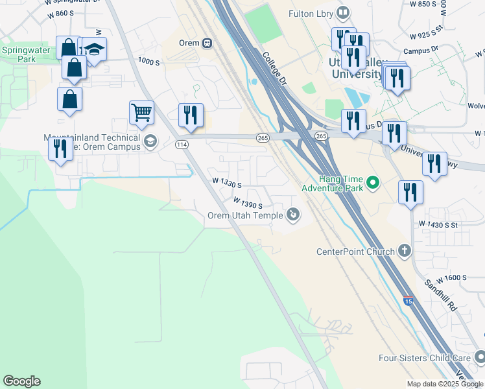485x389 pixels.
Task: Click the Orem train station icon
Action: (207, 43)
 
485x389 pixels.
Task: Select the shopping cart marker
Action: (141, 112)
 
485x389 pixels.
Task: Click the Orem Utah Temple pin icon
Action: (293, 214)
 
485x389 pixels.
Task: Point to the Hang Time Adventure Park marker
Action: (373, 183)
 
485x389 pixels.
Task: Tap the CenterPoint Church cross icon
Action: (405, 251)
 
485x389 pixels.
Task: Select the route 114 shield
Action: (182, 145)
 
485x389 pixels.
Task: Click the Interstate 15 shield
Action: (408, 301)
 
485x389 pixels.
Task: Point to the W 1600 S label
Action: (451, 278)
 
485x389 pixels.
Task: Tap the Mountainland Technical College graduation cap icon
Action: (150, 141)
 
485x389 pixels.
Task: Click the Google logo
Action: (21, 381)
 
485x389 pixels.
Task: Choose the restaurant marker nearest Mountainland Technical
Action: (60, 148)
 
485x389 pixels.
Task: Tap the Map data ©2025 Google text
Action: (444, 384)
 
